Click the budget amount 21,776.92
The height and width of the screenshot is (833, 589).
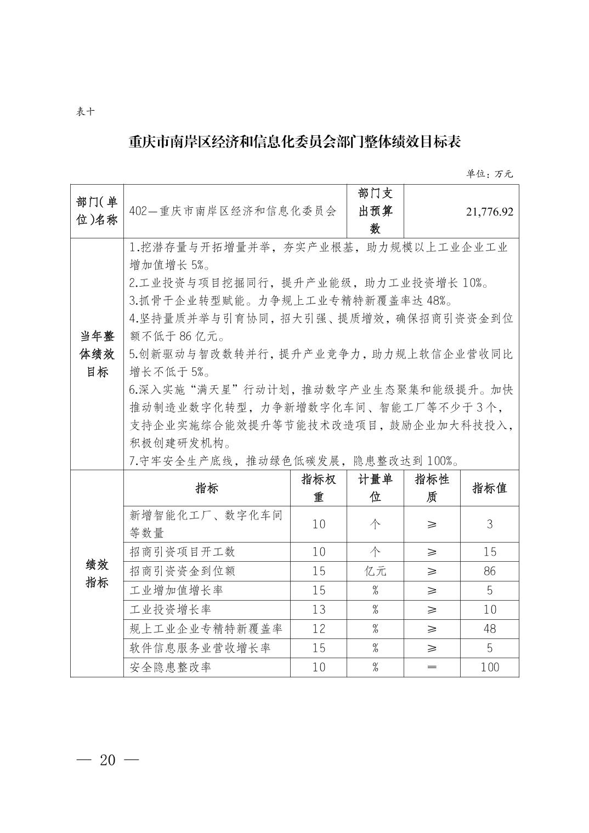pyautogui.click(x=489, y=212)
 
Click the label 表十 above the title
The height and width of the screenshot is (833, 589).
pyautogui.click(x=86, y=112)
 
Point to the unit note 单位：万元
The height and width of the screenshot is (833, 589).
pyautogui.click(x=489, y=174)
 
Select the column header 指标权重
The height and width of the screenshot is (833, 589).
pyautogui.click(x=319, y=488)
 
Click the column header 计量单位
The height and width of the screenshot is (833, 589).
pyautogui.click(x=375, y=488)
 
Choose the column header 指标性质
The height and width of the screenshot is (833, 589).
pyautogui.click(x=432, y=488)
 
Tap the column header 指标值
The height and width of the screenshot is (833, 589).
pyautogui.click(x=489, y=488)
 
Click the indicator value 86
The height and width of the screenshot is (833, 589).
pyautogui.click(x=489, y=571)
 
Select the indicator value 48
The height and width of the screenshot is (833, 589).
pyautogui.click(x=489, y=629)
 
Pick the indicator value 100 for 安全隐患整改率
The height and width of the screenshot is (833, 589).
pyautogui.click(x=489, y=667)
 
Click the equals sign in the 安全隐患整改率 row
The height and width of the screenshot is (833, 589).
pyautogui.click(x=432, y=667)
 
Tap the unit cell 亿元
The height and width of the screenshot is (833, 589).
pyautogui.click(x=375, y=571)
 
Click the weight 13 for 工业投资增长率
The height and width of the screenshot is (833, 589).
pyautogui.click(x=319, y=609)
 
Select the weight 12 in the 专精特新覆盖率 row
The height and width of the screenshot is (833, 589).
pyautogui.click(x=319, y=629)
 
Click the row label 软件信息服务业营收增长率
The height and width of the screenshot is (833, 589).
pyautogui.click(x=200, y=648)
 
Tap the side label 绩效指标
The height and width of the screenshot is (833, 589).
pyautogui.click(x=97, y=573)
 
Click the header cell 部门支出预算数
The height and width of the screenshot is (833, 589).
pyautogui.click(x=375, y=211)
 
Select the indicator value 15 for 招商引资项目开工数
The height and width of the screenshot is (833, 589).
pyautogui.click(x=489, y=552)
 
